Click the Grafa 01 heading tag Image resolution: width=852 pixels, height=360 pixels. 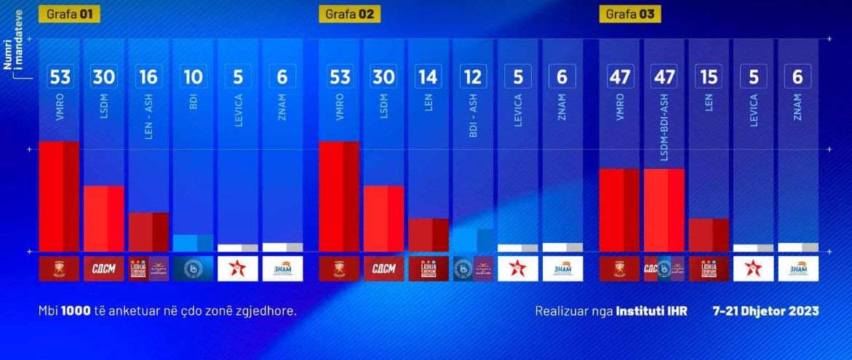[x=69, y=15]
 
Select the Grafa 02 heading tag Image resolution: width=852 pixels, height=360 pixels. [x=349, y=15]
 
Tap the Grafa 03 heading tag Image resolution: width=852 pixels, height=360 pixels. [x=630, y=15]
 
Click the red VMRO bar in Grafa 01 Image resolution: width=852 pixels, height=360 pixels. [x=59, y=196]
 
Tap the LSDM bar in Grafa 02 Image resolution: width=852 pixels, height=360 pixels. [x=383, y=218]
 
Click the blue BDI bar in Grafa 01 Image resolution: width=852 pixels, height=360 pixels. [x=193, y=243]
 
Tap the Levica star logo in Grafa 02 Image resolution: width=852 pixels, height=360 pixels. [x=517, y=268]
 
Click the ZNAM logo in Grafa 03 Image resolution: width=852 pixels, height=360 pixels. [x=798, y=268]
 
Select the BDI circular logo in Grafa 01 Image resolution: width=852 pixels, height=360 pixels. [x=193, y=268]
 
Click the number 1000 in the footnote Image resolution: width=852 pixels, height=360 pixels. [x=76, y=311]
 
